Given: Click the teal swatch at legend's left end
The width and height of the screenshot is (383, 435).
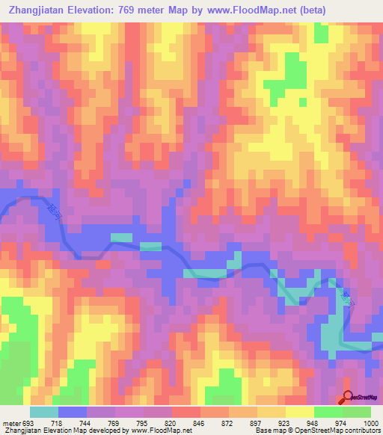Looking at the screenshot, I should (x=43, y=412).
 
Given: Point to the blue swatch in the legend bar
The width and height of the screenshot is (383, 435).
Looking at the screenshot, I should (x=72, y=412).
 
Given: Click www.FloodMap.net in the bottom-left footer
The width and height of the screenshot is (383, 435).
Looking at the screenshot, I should (x=160, y=431).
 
